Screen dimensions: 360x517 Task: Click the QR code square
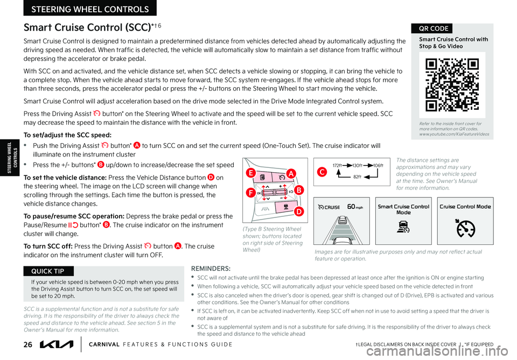coord(452,84)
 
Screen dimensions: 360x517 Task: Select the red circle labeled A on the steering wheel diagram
coord(291,173)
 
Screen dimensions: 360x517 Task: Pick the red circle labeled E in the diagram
coord(250,173)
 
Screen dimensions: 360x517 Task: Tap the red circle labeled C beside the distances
coord(322,172)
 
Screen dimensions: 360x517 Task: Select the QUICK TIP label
coord(48,271)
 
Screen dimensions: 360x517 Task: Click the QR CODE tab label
coord(432,29)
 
